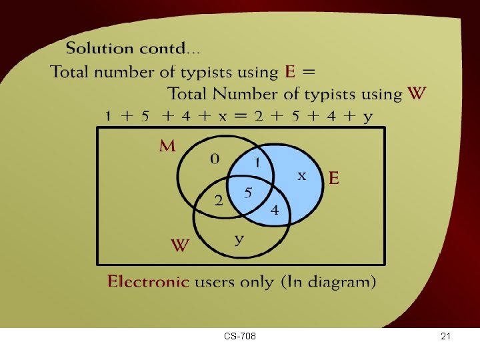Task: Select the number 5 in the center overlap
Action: tap(248, 193)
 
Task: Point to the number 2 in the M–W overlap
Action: tap(218, 202)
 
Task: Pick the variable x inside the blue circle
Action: tap(301, 175)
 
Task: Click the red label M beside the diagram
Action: tap(167, 147)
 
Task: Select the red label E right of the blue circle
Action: tap(334, 178)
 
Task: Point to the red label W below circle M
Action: tap(181, 246)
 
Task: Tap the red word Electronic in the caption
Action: tap(148, 281)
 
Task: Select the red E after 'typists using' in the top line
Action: tap(290, 71)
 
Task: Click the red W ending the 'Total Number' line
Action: tap(417, 93)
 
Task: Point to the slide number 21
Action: tap(446, 337)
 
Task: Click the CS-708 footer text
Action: tap(241, 337)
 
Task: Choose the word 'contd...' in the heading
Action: tap(172, 48)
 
